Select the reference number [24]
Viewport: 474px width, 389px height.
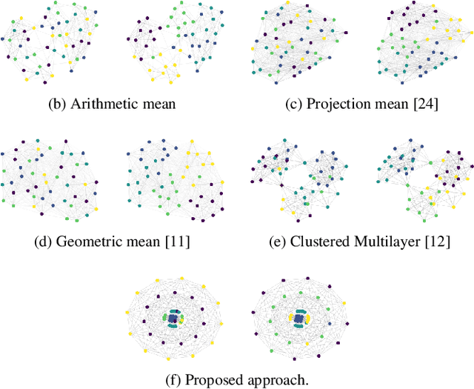[x=425, y=104]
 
